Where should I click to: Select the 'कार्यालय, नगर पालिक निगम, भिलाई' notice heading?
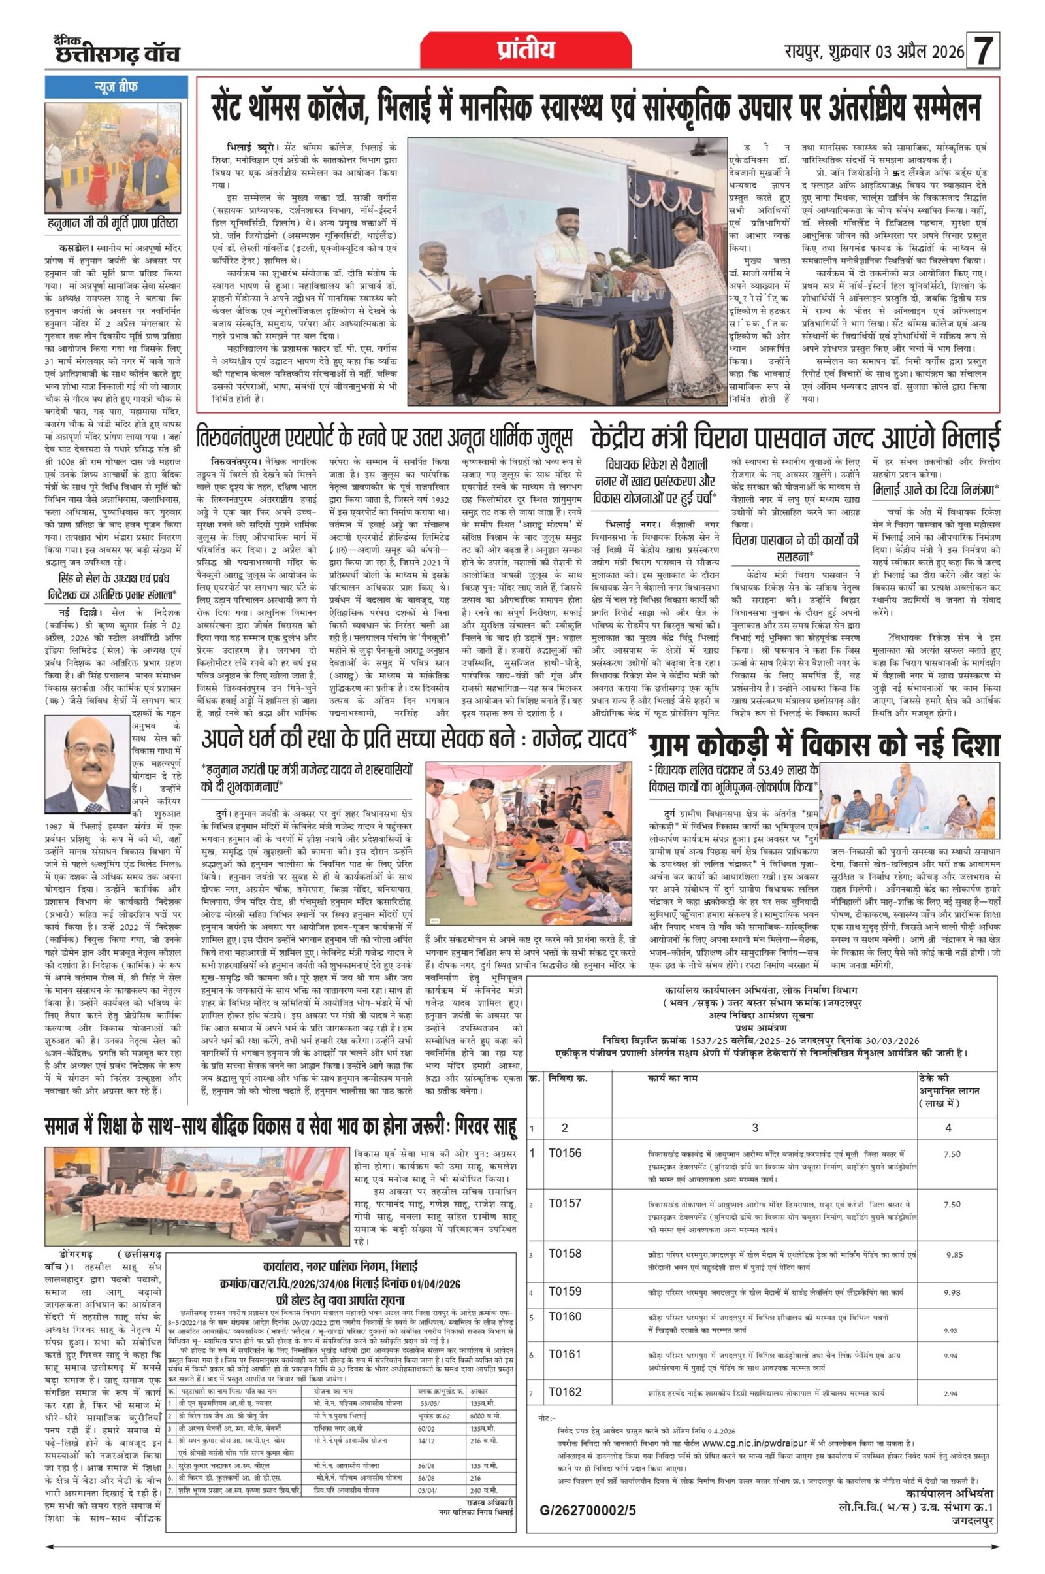coord(340,1265)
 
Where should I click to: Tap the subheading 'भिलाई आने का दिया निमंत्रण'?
coord(935,488)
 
